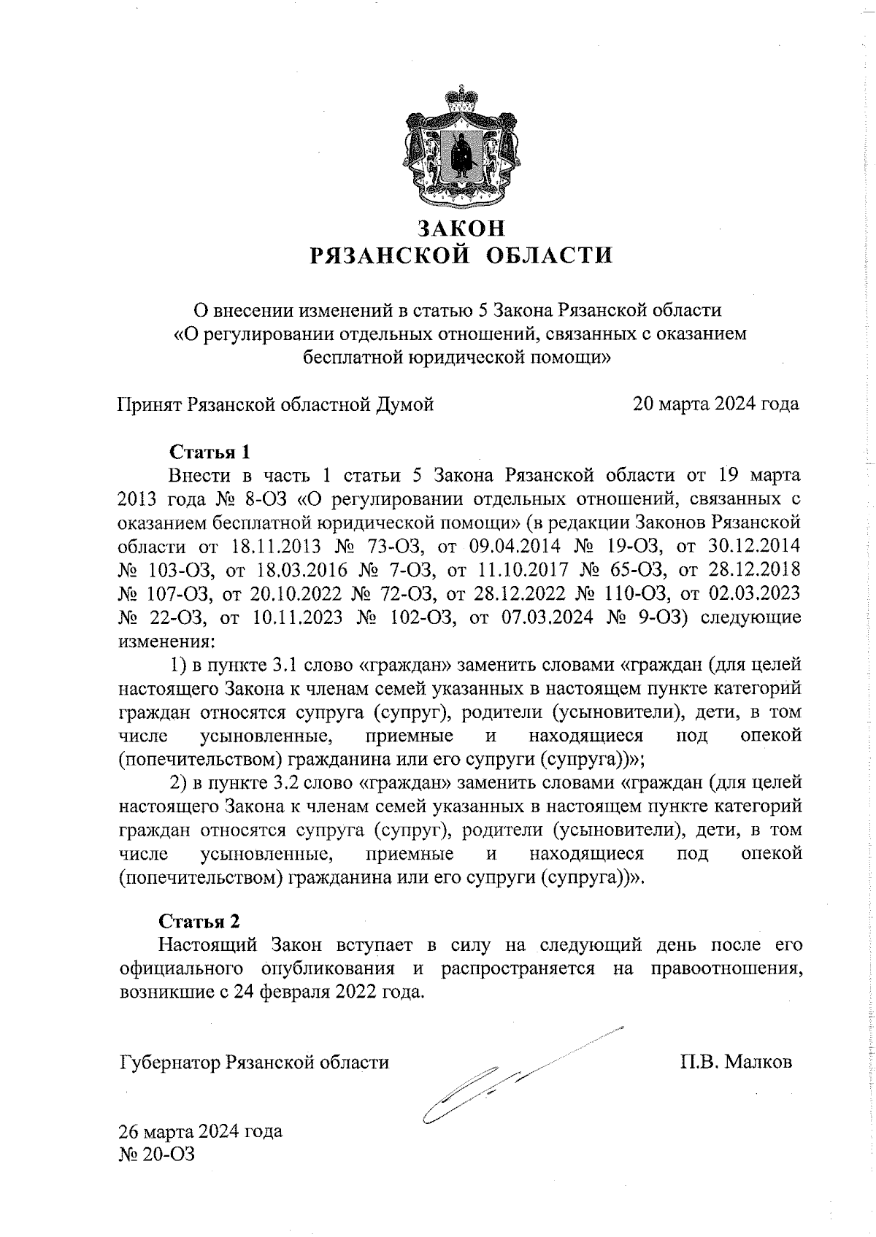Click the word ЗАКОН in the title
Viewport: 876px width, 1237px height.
tap(460, 228)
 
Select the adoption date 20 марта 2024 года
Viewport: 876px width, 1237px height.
tap(715, 404)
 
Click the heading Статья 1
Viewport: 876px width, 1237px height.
tap(210, 451)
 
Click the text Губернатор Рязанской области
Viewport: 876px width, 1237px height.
tap(253, 1062)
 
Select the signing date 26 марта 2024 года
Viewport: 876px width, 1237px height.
tap(201, 1132)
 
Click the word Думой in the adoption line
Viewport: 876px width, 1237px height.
tap(405, 404)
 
